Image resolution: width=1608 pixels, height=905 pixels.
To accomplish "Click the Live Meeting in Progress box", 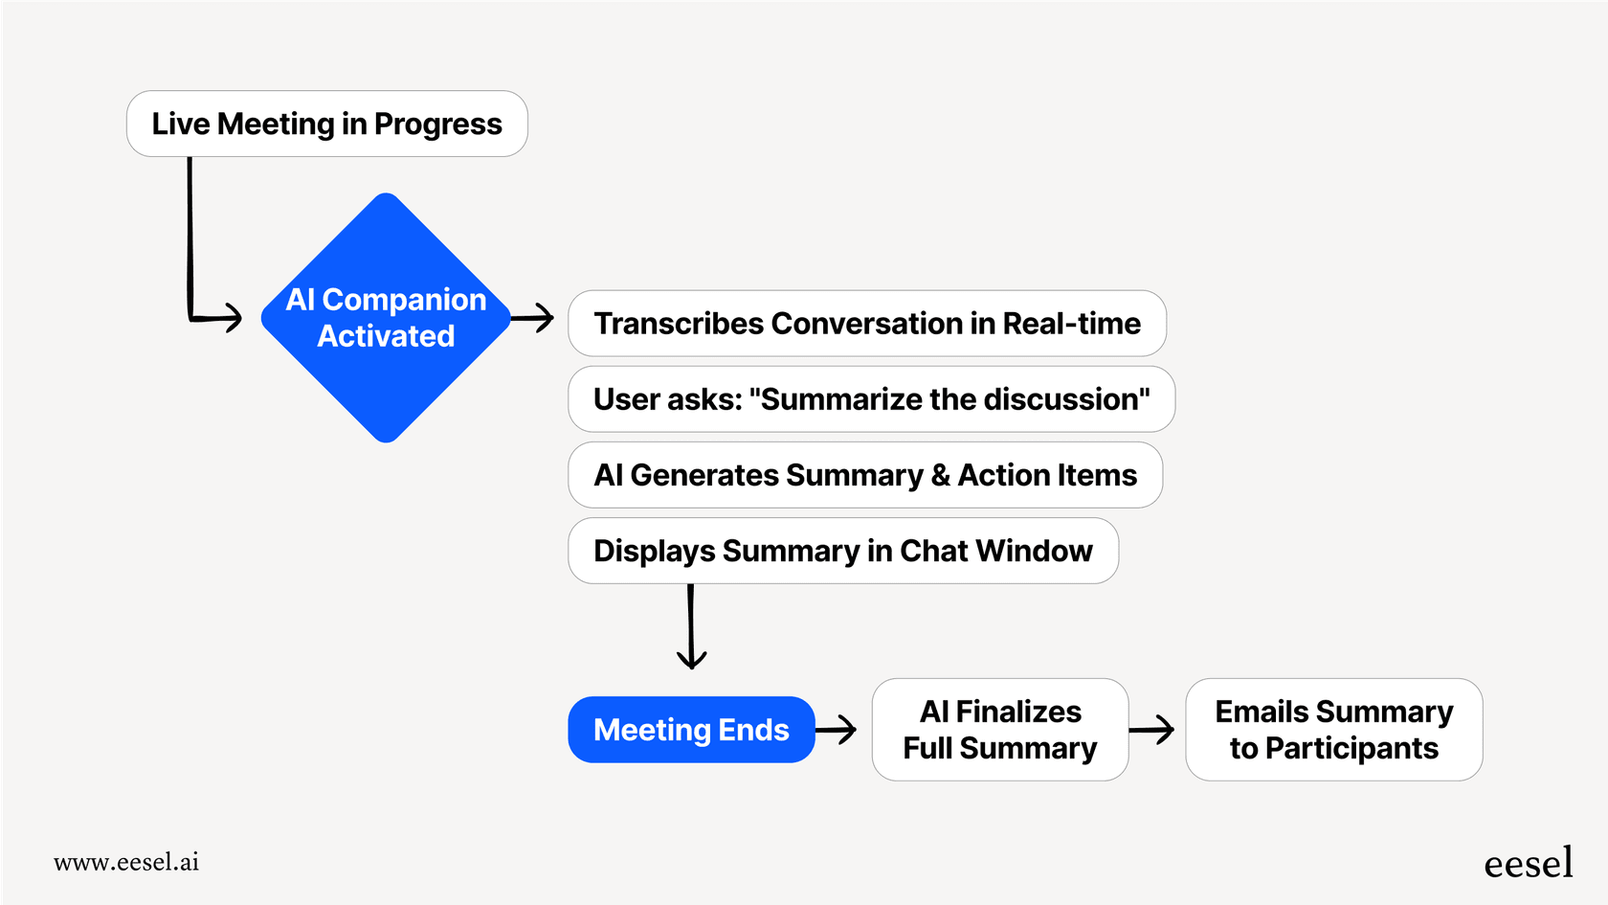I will (326, 124).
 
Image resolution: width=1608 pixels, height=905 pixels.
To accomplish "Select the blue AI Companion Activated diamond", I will (386, 318).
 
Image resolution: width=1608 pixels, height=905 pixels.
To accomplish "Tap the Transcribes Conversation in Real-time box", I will (866, 324).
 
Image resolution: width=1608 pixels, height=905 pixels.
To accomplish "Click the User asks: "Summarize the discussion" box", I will (871, 399).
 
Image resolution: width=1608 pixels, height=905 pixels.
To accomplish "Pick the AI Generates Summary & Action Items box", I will (864, 475).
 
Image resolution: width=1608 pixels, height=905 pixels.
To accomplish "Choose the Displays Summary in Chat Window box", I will (842, 551).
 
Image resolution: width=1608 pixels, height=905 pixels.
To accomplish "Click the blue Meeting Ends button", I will (691, 730).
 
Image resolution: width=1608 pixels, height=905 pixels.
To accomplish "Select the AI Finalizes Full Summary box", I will (1000, 730).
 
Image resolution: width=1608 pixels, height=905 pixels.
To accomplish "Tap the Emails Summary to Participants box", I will (1333, 730).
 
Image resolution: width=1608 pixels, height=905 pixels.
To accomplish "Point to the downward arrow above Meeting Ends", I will (691, 627).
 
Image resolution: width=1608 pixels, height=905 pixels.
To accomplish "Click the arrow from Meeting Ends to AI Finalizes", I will (837, 730).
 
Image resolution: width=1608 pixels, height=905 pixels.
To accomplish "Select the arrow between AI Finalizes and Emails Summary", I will (1152, 730).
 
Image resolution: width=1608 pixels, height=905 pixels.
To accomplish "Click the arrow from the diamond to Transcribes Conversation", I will (534, 318).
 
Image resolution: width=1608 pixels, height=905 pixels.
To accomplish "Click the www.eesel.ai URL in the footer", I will (126, 862).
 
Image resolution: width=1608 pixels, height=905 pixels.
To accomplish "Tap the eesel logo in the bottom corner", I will (1528, 863).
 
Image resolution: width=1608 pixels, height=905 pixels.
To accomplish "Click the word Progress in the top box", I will (437, 124).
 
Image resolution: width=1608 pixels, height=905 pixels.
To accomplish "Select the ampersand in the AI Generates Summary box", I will (940, 476).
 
